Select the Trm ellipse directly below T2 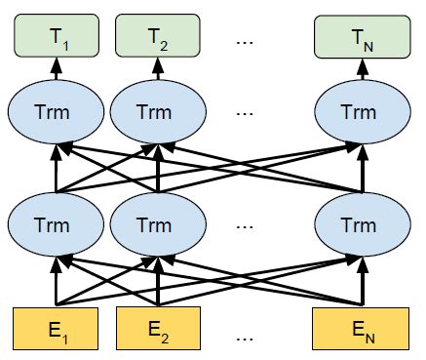157,112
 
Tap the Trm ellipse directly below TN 357,112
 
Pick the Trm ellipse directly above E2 157,223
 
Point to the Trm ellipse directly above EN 357,223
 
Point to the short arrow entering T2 157,70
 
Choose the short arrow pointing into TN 357,70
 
